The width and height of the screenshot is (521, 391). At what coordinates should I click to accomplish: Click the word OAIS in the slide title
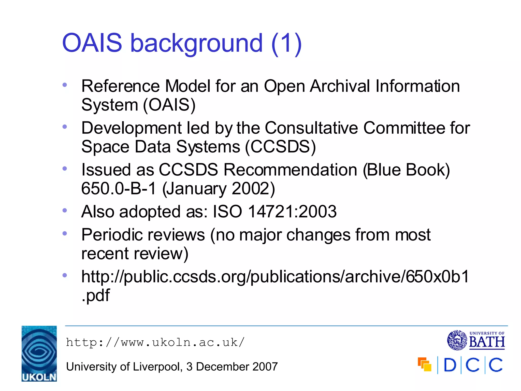[x=92, y=43]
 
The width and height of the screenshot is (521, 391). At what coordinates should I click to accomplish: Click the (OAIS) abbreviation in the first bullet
[x=169, y=105]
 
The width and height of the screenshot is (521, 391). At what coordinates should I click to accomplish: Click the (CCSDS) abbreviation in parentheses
[x=280, y=147]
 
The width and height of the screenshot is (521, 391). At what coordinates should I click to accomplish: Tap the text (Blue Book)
[x=406, y=170]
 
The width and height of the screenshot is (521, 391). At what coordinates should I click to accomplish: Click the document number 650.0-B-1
[x=119, y=189]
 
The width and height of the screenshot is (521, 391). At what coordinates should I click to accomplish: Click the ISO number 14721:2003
[x=292, y=212]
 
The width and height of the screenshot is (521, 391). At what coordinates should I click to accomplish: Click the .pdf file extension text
[x=96, y=295]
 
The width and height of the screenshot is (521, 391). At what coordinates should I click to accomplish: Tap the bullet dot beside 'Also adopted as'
[x=65, y=210]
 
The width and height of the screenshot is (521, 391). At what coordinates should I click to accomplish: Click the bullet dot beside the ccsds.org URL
[x=65, y=275]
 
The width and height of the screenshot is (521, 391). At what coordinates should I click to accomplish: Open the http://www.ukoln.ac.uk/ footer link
[x=155, y=342]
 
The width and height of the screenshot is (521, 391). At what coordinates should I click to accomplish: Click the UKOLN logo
[x=39, y=354]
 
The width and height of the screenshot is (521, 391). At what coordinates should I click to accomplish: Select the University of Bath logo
[x=476, y=340]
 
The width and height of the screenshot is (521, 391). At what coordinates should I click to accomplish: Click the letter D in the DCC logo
[x=450, y=365]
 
